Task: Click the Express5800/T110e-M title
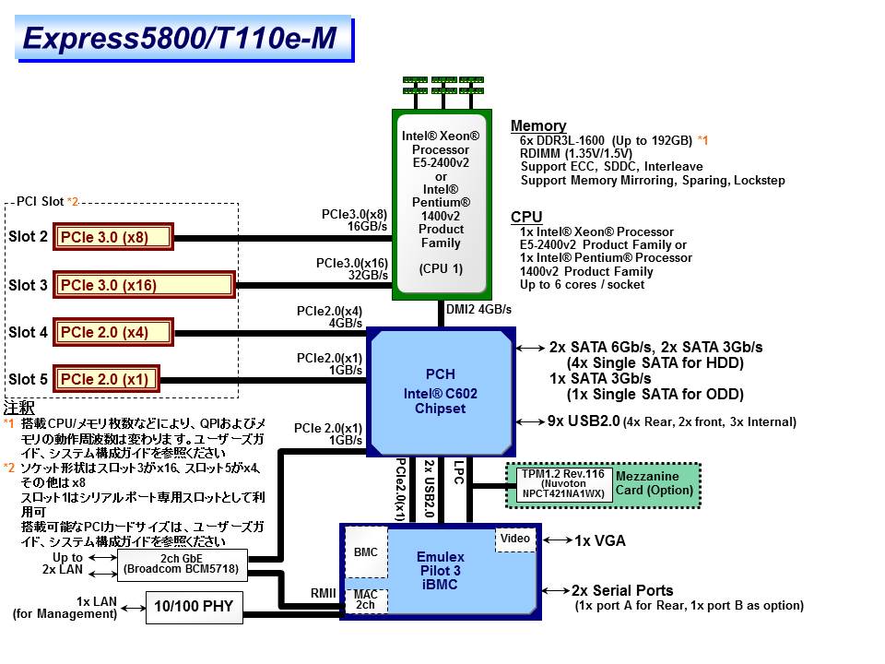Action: [179, 38]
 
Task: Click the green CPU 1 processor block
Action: [441, 203]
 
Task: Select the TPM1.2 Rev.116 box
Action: [561, 483]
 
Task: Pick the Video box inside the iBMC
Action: [515, 539]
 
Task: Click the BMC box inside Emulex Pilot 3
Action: [366, 551]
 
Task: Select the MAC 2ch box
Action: [366, 600]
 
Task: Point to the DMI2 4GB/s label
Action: [478, 309]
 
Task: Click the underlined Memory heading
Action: [538, 126]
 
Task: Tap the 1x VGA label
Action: [600, 540]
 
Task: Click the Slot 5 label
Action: [28, 379]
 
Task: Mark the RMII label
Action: [324, 593]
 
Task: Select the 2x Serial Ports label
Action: [622, 590]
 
